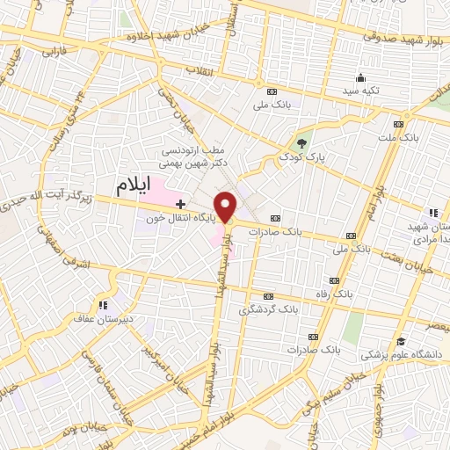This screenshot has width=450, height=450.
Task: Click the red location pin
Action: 227,206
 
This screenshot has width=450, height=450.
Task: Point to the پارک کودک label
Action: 301,156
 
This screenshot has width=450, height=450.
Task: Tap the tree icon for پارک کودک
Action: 302,142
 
